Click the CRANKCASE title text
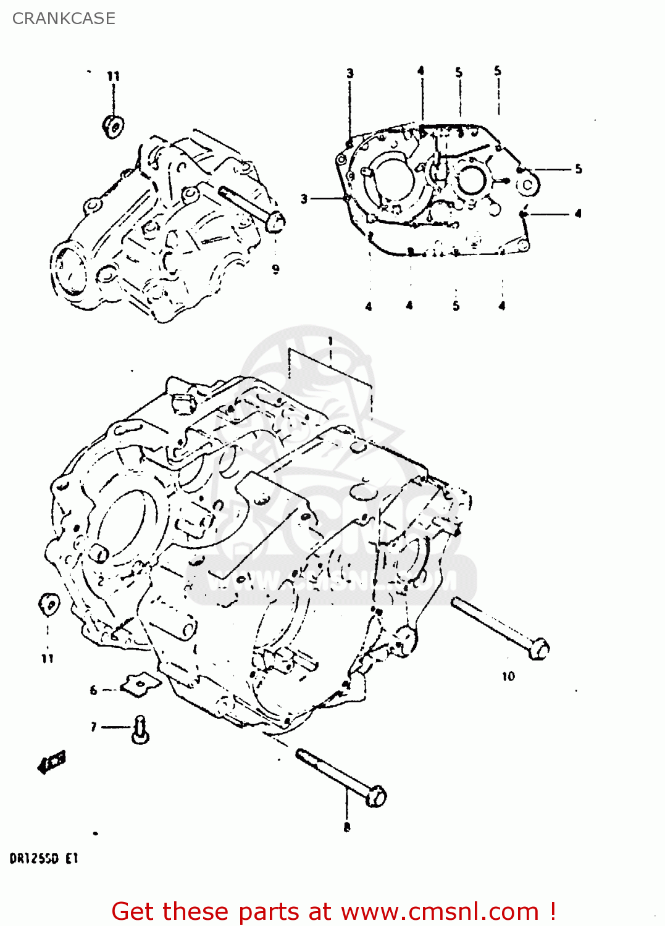64,19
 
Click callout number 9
275,269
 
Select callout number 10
508,677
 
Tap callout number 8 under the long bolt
347,827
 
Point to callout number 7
93,727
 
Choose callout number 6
93,690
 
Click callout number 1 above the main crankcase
330,341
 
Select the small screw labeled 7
140,730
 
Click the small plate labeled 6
140,683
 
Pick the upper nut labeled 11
113,125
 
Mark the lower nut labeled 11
49,604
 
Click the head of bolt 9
275,221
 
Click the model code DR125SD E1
43,859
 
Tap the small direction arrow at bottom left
52,763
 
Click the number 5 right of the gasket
578,169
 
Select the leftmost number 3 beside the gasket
304,199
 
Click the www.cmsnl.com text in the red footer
440,911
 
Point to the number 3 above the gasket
349,73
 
